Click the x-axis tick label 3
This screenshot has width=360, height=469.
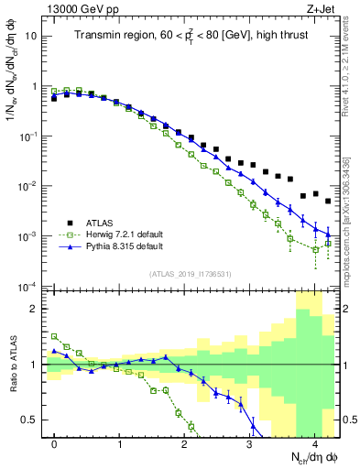point(249,443)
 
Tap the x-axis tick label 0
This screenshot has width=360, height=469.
point(55,443)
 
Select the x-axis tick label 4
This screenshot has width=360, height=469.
point(314,443)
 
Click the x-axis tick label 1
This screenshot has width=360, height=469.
point(120,443)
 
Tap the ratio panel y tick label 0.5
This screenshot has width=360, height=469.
point(34,420)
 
